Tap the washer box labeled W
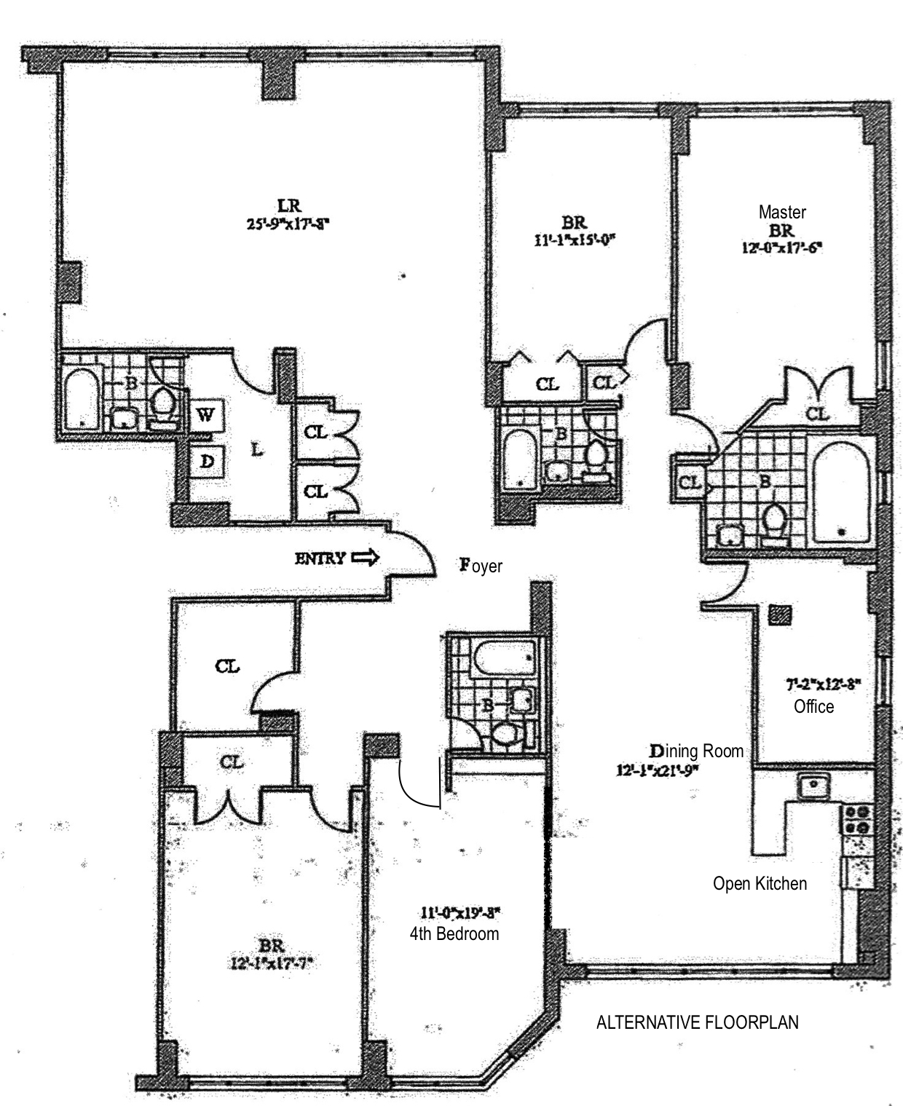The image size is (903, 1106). tap(207, 416)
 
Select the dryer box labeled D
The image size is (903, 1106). tap(207, 461)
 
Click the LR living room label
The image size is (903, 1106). tap(289, 207)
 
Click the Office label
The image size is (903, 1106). tap(813, 706)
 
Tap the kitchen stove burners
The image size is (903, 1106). tap(856, 819)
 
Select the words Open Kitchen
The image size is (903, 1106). tap(760, 883)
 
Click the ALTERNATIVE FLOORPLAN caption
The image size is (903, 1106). tap(697, 1022)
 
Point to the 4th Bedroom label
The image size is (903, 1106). tap(454, 933)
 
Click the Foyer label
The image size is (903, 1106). tap(481, 565)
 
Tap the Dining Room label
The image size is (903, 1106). tap(696, 751)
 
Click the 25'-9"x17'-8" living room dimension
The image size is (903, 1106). tap(289, 224)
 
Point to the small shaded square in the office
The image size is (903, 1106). tap(779, 615)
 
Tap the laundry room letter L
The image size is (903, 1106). tap(256, 451)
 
